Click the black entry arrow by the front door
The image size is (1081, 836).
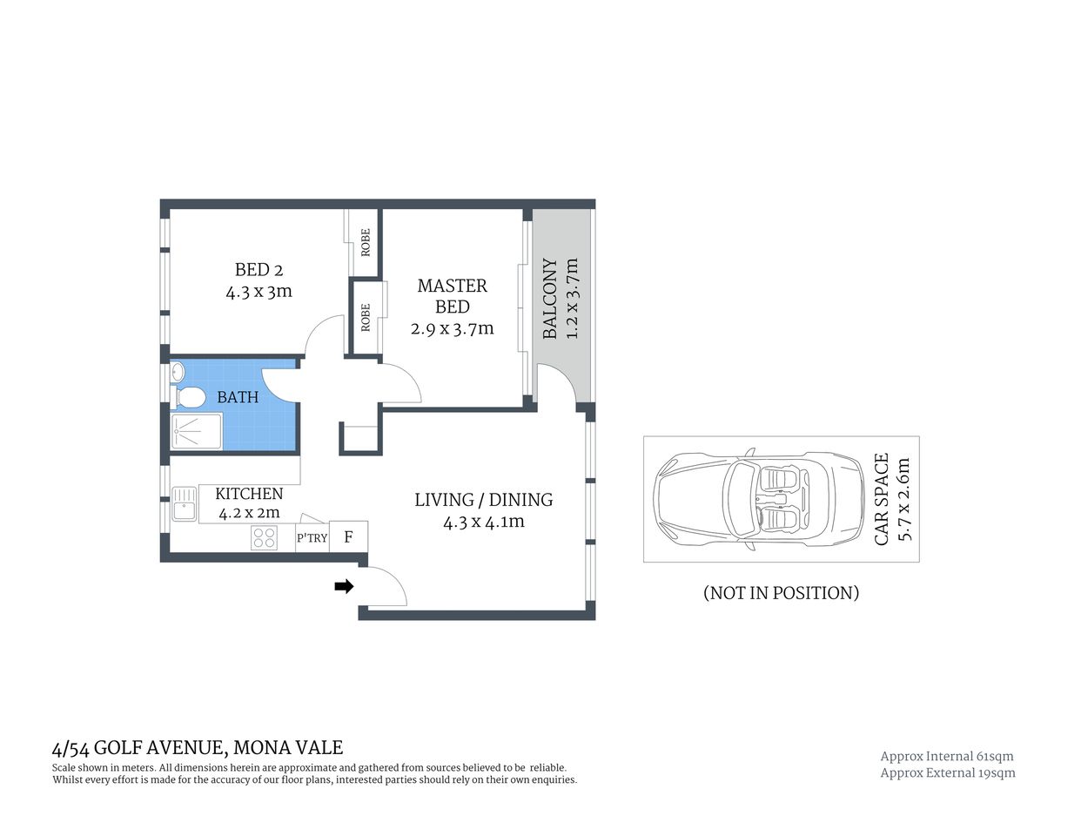345,586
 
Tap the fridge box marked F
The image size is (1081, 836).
348,536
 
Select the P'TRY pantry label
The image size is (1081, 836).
312,538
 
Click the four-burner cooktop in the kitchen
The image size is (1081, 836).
264,538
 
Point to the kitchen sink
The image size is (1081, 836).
184,504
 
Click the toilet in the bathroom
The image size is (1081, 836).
189,398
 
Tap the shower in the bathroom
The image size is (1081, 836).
196,430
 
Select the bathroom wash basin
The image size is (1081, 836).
178,372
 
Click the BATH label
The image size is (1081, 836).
238,397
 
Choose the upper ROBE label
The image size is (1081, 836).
366,241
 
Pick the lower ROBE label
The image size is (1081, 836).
366,317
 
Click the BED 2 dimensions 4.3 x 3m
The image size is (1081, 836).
258,292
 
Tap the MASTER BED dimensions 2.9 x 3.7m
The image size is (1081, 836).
452,328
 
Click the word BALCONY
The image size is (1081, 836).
550,299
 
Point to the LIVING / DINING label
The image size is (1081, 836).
483,499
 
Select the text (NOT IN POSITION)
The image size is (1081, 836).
781,593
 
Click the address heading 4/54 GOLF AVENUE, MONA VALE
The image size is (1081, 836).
198,747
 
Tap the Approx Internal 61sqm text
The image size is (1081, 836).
947,756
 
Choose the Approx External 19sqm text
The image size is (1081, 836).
948,772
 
